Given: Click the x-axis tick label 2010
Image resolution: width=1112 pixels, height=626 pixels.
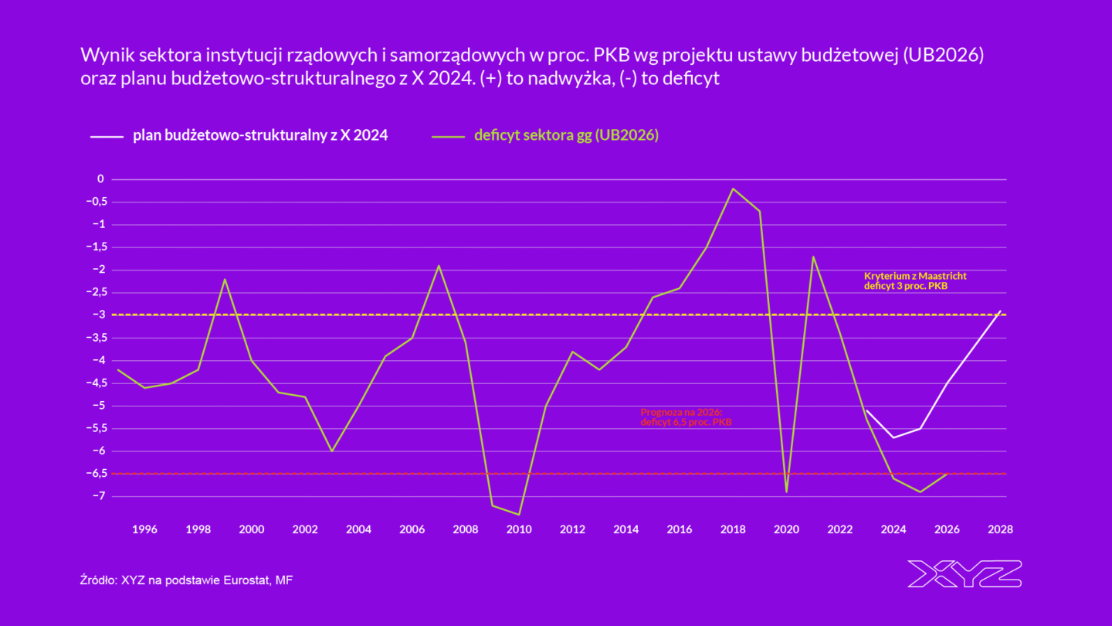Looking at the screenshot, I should (x=519, y=529).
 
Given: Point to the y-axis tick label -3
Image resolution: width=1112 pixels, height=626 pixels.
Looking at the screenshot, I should (x=99, y=315).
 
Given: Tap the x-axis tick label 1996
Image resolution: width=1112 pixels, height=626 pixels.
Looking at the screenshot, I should (x=144, y=529).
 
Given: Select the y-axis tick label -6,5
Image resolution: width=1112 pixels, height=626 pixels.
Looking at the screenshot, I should (x=96, y=474).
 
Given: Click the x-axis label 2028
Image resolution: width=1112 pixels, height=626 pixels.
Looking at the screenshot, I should (x=1000, y=529).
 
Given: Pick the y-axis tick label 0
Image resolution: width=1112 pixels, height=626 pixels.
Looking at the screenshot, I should (x=100, y=179).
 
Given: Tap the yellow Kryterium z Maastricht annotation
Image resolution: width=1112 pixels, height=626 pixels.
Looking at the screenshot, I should (x=915, y=281).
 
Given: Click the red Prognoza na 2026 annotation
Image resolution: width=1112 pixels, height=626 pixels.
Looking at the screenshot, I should (x=687, y=417).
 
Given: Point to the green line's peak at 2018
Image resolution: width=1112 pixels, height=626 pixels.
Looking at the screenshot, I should (x=733, y=189).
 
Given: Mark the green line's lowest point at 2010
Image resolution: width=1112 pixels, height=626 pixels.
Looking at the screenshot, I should (x=519, y=515).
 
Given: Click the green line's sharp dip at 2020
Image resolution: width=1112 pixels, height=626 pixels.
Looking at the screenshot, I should (x=786, y=492).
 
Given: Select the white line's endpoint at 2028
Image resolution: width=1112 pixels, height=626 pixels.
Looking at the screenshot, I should (x=1001, y=311).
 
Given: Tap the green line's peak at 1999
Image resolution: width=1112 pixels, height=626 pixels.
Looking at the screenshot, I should (x=225, y=279).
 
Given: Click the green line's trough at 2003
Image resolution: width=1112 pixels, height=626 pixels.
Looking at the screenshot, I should (x=332, y=451).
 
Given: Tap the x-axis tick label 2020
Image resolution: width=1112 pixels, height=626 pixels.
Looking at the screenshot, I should (x=786, y=529).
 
